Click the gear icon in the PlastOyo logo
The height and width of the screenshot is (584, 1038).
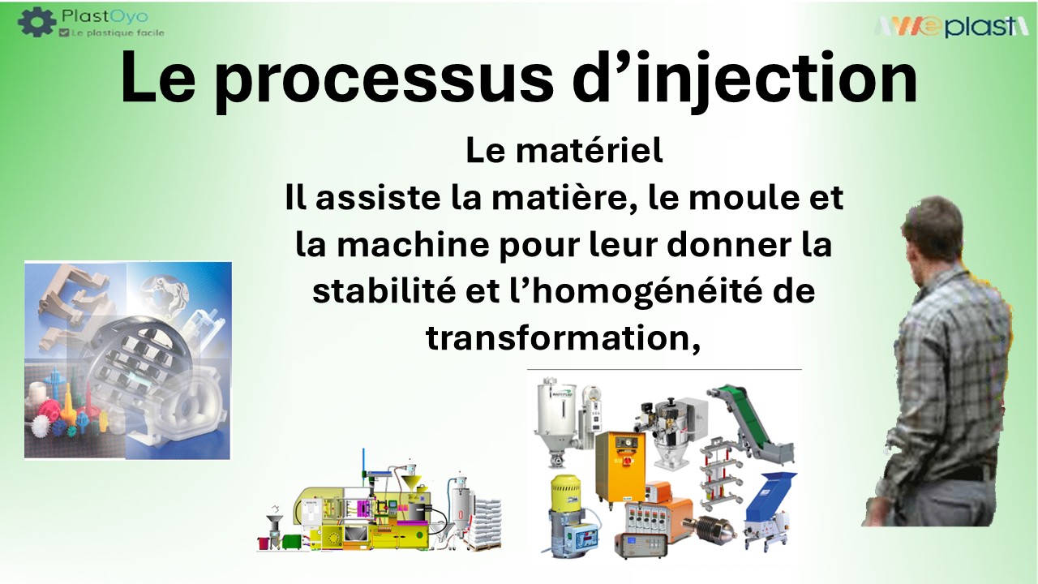[x=36, y=22]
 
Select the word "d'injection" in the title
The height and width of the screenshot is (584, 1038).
[x=744, y=77]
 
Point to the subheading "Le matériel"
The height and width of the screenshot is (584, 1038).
[x=564, y=151]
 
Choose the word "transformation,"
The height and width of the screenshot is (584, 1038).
[x=563, y=338]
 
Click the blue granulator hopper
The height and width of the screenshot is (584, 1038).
[x=769, y=490]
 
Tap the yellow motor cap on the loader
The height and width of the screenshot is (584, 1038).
[x=565, y=492]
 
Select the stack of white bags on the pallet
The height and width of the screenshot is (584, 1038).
[x=485, y=521]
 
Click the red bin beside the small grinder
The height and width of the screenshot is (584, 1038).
[x=265, y=543]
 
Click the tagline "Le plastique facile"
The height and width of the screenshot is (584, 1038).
[x=118, y=33]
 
